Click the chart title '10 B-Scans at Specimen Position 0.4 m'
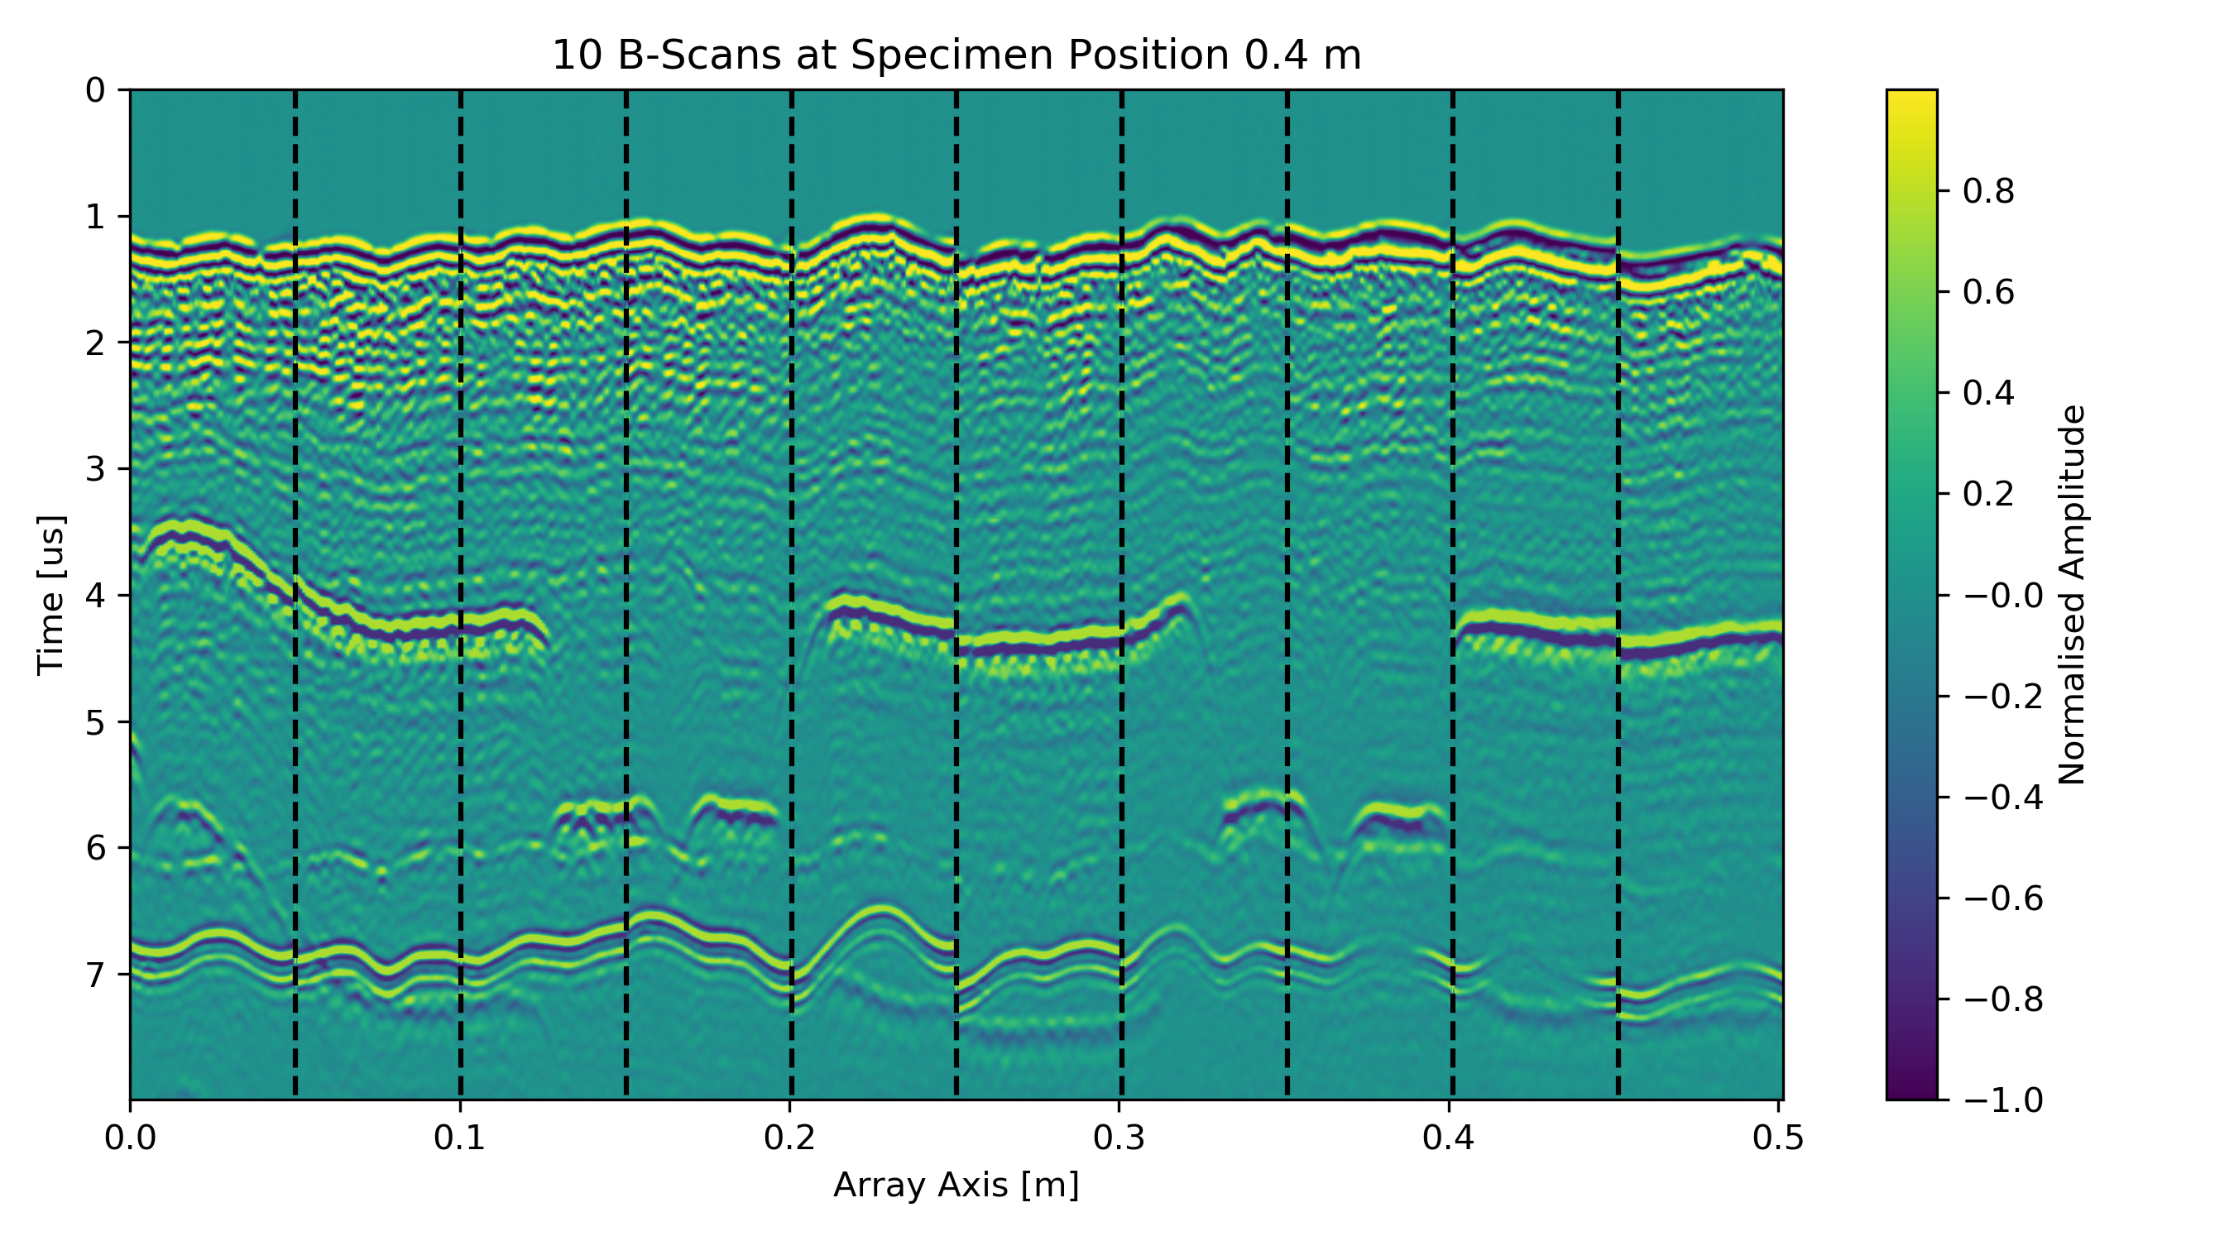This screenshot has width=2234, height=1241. point(956,55)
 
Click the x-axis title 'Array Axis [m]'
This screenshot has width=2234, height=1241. point(956,1185)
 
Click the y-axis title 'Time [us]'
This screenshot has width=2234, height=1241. point(51,595)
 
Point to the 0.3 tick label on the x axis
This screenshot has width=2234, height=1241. point(1119,1138)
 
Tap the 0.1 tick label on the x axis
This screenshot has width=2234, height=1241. point(460,1138)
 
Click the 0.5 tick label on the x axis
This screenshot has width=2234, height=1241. point(1778,1138)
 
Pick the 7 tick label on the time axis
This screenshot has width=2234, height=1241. point(95,974)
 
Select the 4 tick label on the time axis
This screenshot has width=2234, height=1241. point(95,596)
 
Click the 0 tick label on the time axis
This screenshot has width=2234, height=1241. point(95,90)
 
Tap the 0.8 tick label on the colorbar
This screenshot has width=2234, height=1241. point(1988,191)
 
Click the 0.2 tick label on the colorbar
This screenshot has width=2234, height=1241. point(1988,493)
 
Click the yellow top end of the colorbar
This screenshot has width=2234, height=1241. point(1911,95)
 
